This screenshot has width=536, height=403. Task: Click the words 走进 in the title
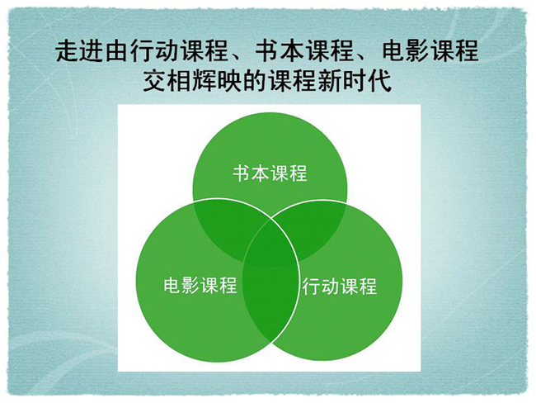click(x=80, y=50)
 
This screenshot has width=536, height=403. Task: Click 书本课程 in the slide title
click(x=304, y=50)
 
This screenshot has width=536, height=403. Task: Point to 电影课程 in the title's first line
click(x=430, y=50)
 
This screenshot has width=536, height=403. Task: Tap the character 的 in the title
click(x=255, y=81)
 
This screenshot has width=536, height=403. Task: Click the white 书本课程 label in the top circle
click(x=270, y=173)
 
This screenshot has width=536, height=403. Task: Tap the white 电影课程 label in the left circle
click(x=200, y=285)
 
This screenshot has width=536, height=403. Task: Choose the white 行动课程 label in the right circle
click(x=340, y=287)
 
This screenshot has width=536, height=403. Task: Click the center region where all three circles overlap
click(x=270, y=245)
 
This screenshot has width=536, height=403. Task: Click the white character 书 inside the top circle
click(x=242, y=173)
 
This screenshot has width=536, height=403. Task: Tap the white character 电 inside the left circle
click(x=172, y=285)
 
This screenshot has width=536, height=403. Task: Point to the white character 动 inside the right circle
click(x=330, y=287)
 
